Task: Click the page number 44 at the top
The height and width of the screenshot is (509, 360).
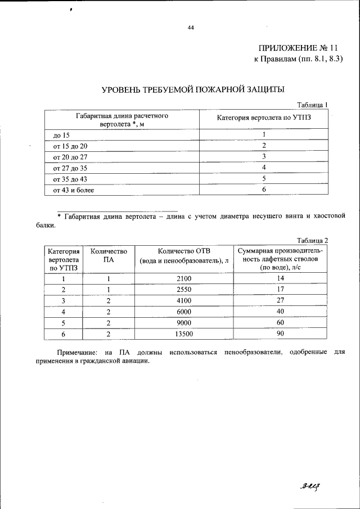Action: pyautogui.click(x=191, y=28)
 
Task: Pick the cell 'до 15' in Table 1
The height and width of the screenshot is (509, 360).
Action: pyautogui.click(x=61, y=136)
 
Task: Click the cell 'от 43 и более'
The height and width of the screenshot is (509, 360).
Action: pyautogui.click(x=73, y=190)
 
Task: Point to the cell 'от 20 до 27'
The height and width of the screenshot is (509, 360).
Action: pyautogui.click(x=70, y=157)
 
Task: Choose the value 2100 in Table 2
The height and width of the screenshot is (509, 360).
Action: pyautogui.click(x=184, y=278)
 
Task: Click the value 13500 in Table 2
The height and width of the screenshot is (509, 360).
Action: pyautogui.click(x=184, y=334)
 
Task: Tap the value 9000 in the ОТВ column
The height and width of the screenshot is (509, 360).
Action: pyautogui.click(x=184, y=323)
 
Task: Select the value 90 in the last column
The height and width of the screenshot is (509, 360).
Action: pyautogui.click(x=280, y=334)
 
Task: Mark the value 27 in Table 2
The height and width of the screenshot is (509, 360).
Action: pyautogui.click(x=280, y=300)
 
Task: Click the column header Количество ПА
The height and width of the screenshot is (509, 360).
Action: pyautogui.click(x=109, y=255)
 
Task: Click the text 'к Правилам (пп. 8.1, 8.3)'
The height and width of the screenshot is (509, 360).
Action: pyautogui.click(x=298, y=59)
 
